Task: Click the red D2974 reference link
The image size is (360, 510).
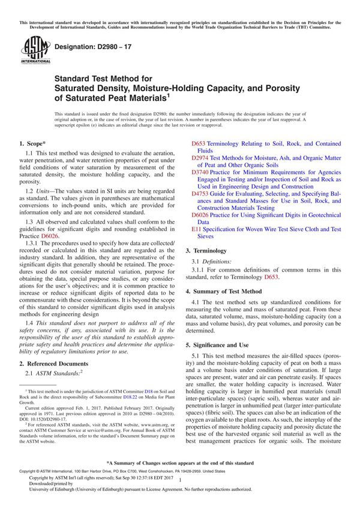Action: point(200,158)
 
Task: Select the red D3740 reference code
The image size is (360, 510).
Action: point(200,172)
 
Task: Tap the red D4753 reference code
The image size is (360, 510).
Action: point(200,193)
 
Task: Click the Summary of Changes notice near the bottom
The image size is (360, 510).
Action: point(180,464)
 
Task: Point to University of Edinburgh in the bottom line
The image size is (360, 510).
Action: point(45,490)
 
